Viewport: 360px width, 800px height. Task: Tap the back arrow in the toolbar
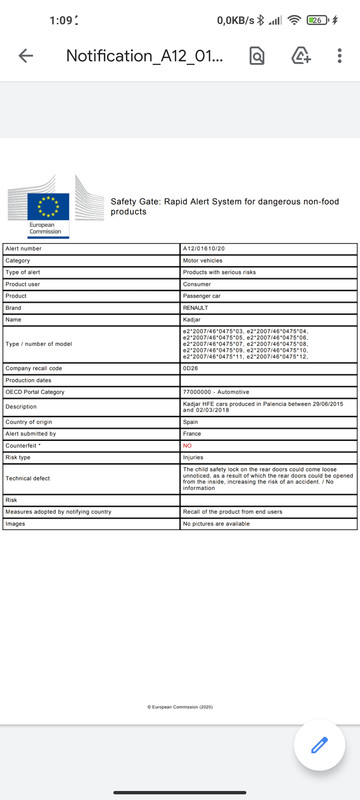pos(26,56)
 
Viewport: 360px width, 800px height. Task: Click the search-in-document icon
pos(257,56)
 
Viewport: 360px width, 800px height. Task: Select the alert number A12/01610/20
pos(204,247)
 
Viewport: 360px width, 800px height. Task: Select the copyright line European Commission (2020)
pos(180,706)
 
